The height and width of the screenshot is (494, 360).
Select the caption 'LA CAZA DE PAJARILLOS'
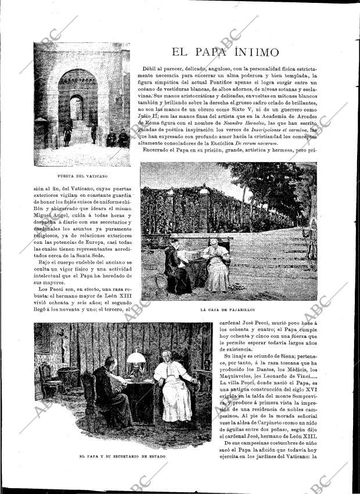click(228, 310)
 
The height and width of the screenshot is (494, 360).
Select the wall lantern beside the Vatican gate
click(120, 92)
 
